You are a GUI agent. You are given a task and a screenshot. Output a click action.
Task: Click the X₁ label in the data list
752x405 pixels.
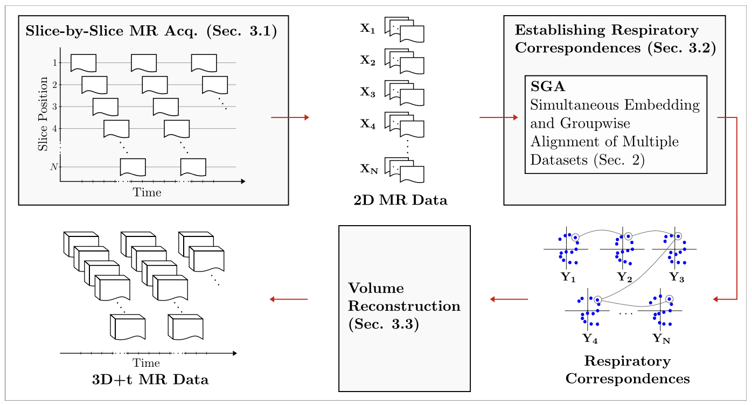[x=367, y=29]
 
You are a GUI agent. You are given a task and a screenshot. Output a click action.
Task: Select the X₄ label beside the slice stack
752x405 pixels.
[x=367, y=123]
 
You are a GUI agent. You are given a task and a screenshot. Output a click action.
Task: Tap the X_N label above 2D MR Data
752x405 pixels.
[x=369, y=169]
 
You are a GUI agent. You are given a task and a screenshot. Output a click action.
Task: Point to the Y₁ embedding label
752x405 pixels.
[x=568, y=277]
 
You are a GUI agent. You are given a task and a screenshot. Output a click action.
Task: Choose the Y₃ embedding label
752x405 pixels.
[x=677, y=277]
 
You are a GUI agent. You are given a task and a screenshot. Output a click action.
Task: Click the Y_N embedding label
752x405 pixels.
[x=662, y=339]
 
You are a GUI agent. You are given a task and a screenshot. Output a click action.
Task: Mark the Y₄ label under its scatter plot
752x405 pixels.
[x=590, y=339]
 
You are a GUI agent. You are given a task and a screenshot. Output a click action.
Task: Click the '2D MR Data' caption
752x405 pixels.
[x=400, y=201]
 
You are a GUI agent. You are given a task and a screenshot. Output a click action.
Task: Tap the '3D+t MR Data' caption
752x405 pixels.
[x=150, y=380]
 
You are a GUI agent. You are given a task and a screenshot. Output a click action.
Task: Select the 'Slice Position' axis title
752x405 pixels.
[x=43, y=114]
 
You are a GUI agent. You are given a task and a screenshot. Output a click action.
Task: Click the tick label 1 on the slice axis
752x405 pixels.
[x=54, y=62]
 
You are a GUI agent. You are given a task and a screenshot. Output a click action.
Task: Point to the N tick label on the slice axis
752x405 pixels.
[x=53, y=167]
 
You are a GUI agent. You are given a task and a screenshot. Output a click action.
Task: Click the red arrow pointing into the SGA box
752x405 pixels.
[x=502, y=117]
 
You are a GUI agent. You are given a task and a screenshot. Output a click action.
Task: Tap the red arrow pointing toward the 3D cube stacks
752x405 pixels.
[x=288, y=299]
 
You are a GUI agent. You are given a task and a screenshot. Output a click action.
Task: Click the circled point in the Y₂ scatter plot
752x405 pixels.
[x=628, y=236]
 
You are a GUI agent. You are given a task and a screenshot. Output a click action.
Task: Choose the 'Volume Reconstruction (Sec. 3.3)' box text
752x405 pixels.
[x=404, y=306]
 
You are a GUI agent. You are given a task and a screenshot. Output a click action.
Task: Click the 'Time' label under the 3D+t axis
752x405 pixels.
[x=147, y=363]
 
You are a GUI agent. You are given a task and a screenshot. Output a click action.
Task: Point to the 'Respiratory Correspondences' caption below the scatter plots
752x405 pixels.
[x=627, y=369]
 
